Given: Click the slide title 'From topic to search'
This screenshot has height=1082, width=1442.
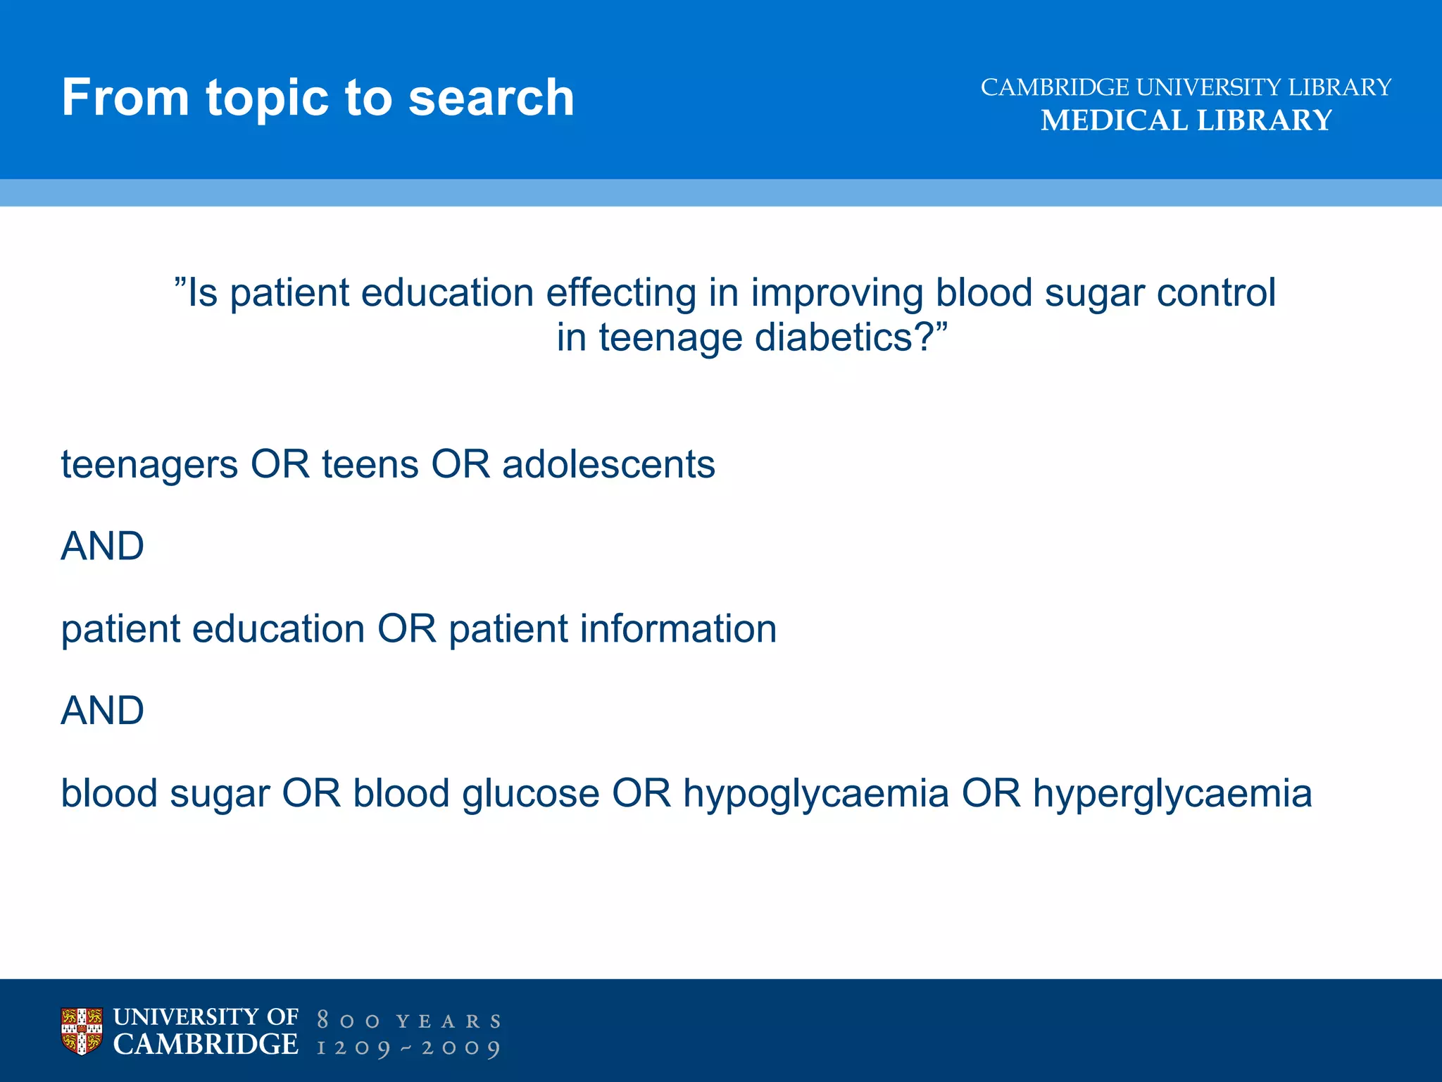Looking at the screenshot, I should (318, 97).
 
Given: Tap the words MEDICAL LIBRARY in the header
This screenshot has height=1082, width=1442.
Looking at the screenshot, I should (1186, 120).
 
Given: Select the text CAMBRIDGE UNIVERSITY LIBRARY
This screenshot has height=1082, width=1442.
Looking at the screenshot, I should (1186, 87).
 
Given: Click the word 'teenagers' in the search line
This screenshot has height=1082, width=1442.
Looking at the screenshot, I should (149, 465).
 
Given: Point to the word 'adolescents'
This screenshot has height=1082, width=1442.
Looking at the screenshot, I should (608, 465).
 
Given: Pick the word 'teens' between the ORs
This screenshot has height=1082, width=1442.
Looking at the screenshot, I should (370, 465).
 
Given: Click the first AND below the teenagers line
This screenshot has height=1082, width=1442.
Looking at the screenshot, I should (103, 546).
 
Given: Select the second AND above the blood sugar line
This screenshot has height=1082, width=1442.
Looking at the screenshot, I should (103, 710).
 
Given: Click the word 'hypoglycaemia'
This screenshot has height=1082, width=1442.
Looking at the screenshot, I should (816, 794).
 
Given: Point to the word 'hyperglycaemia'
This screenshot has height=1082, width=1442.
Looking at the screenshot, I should (1172, 794).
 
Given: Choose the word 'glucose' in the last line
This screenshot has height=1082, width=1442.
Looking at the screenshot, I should (531, 794).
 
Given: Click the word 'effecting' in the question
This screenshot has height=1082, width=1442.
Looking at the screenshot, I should (621, 293).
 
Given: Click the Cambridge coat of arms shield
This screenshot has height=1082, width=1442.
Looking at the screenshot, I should (82, 1031).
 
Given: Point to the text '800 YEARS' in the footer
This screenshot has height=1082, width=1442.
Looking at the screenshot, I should (408, 1021).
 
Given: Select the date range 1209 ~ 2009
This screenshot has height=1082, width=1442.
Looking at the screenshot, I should (408, 1047).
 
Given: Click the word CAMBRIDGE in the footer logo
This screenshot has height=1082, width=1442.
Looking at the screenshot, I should (206, 1045).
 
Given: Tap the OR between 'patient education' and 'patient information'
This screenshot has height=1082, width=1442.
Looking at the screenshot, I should (407, 628).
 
